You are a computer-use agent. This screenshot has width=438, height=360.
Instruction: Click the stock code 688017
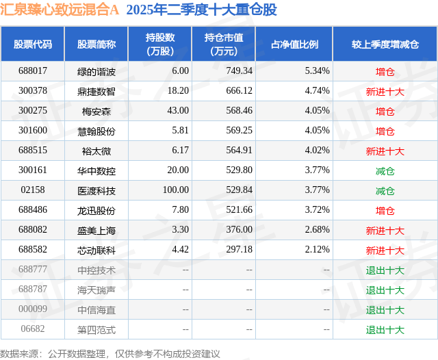click(x=33, y=70)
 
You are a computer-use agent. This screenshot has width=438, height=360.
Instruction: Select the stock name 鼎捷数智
click(x=96, y=90)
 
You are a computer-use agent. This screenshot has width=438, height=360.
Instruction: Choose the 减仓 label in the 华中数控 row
click(x=385, y=170)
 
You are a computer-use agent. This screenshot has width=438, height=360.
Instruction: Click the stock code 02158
click(x=33, y=190)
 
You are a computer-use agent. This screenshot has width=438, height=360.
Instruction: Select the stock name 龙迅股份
click(x=96, y=210)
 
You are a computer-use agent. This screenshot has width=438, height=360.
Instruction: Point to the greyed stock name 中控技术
click(x=96, y=270)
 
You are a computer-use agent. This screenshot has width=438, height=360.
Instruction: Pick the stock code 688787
click(x=33, y=290)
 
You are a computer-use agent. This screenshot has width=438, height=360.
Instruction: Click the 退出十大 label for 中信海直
click(x=385, y=309)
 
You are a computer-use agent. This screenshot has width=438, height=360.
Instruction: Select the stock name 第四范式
click(x=96, y=329)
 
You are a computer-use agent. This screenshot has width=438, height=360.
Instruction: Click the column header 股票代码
click(x=33, y=44)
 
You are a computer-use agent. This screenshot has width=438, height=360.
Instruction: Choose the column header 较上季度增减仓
click(x=385, y=44)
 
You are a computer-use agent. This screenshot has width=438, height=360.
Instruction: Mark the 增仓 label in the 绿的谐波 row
click(x=385, y=70)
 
